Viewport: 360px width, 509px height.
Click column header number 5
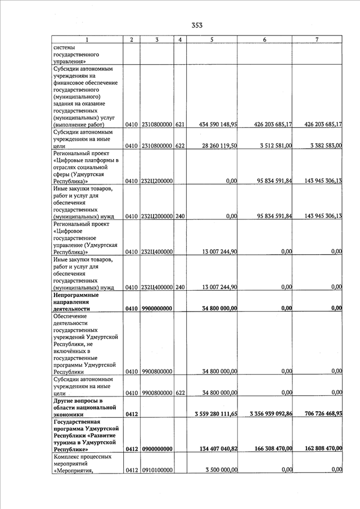click(x=211, y=40)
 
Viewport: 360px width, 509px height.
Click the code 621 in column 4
click(x=180, y=124)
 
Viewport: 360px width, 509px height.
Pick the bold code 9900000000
click(x=157, y=309)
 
